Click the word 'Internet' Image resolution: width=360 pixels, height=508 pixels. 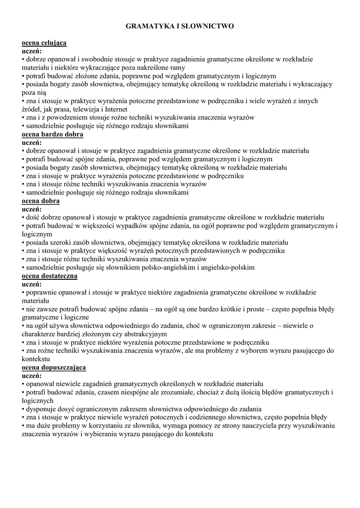[x=115, y=109]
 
